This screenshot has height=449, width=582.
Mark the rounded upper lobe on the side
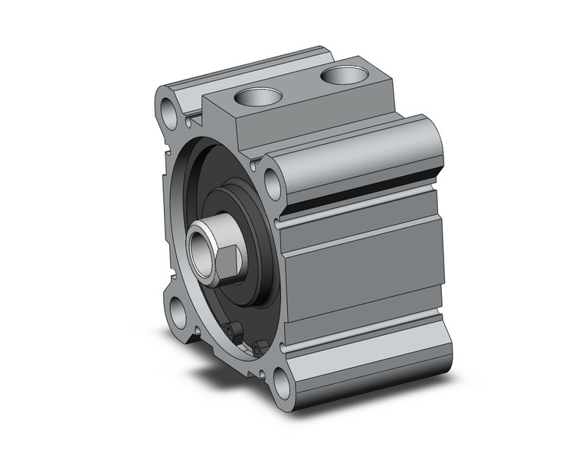[x=360, y=157]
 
